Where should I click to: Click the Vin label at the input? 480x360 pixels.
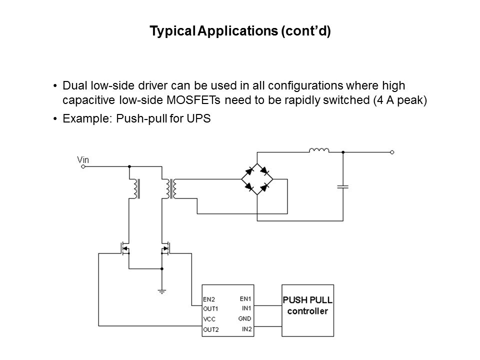[83, 160]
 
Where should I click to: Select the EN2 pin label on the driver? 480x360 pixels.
[209, 299]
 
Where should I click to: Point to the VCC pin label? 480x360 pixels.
[209, 318]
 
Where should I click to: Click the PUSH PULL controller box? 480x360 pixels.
[309, 310]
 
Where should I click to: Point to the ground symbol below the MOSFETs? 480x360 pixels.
[162, 289]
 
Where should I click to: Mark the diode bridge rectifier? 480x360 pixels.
[256, 179]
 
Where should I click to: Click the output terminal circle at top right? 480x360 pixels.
[392, 151]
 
